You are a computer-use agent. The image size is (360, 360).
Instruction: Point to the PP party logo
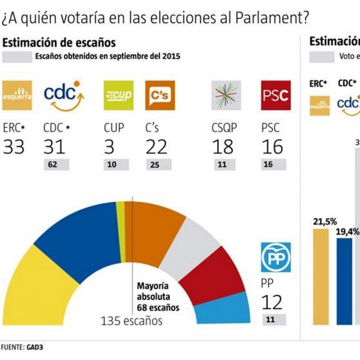coord(276,257)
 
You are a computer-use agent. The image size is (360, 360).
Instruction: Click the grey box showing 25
coord(159,165)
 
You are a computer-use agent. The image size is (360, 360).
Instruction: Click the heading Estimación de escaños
coord(59,43)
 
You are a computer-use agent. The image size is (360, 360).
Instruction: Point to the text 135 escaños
coord(131,321)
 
